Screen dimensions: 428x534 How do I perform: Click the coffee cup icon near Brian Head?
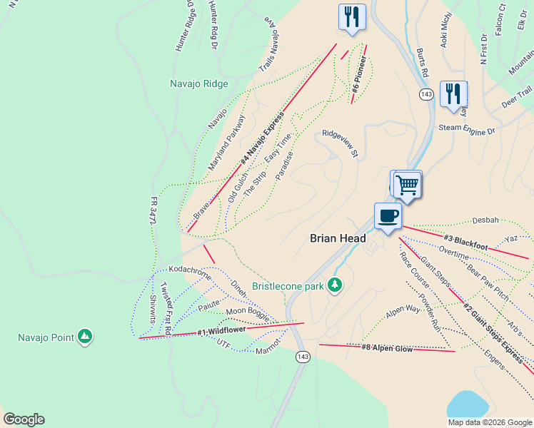pyautogui.click(x=388, y=216)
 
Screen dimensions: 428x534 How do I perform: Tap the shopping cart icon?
pyautogui.click(x=407, y=185)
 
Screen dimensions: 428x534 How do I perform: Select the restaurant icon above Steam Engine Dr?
pyautogui.click(x=453, y=93)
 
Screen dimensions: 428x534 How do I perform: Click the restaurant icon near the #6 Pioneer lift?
pyautogui.click(x=351, y=17)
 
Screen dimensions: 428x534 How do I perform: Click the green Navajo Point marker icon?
pyautogui.click(x=85, y=336)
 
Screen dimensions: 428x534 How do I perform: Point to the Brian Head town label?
pyautogui.click(x=338, y=240)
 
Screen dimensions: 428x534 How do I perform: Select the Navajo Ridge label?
pyautogui.click(x=199, y=83)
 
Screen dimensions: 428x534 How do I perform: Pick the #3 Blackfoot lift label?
pyautogui.click(x=465, y=243)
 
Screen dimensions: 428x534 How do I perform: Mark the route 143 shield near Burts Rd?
pyautogui.click(x=427, y=94)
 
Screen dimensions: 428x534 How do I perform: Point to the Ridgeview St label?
pyautogui.click(x=339, y=142)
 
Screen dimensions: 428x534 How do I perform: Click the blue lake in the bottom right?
pyautogui.click(x=474, y=407)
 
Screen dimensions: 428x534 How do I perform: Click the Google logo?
pyautogui.click(x=24, y=419)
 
